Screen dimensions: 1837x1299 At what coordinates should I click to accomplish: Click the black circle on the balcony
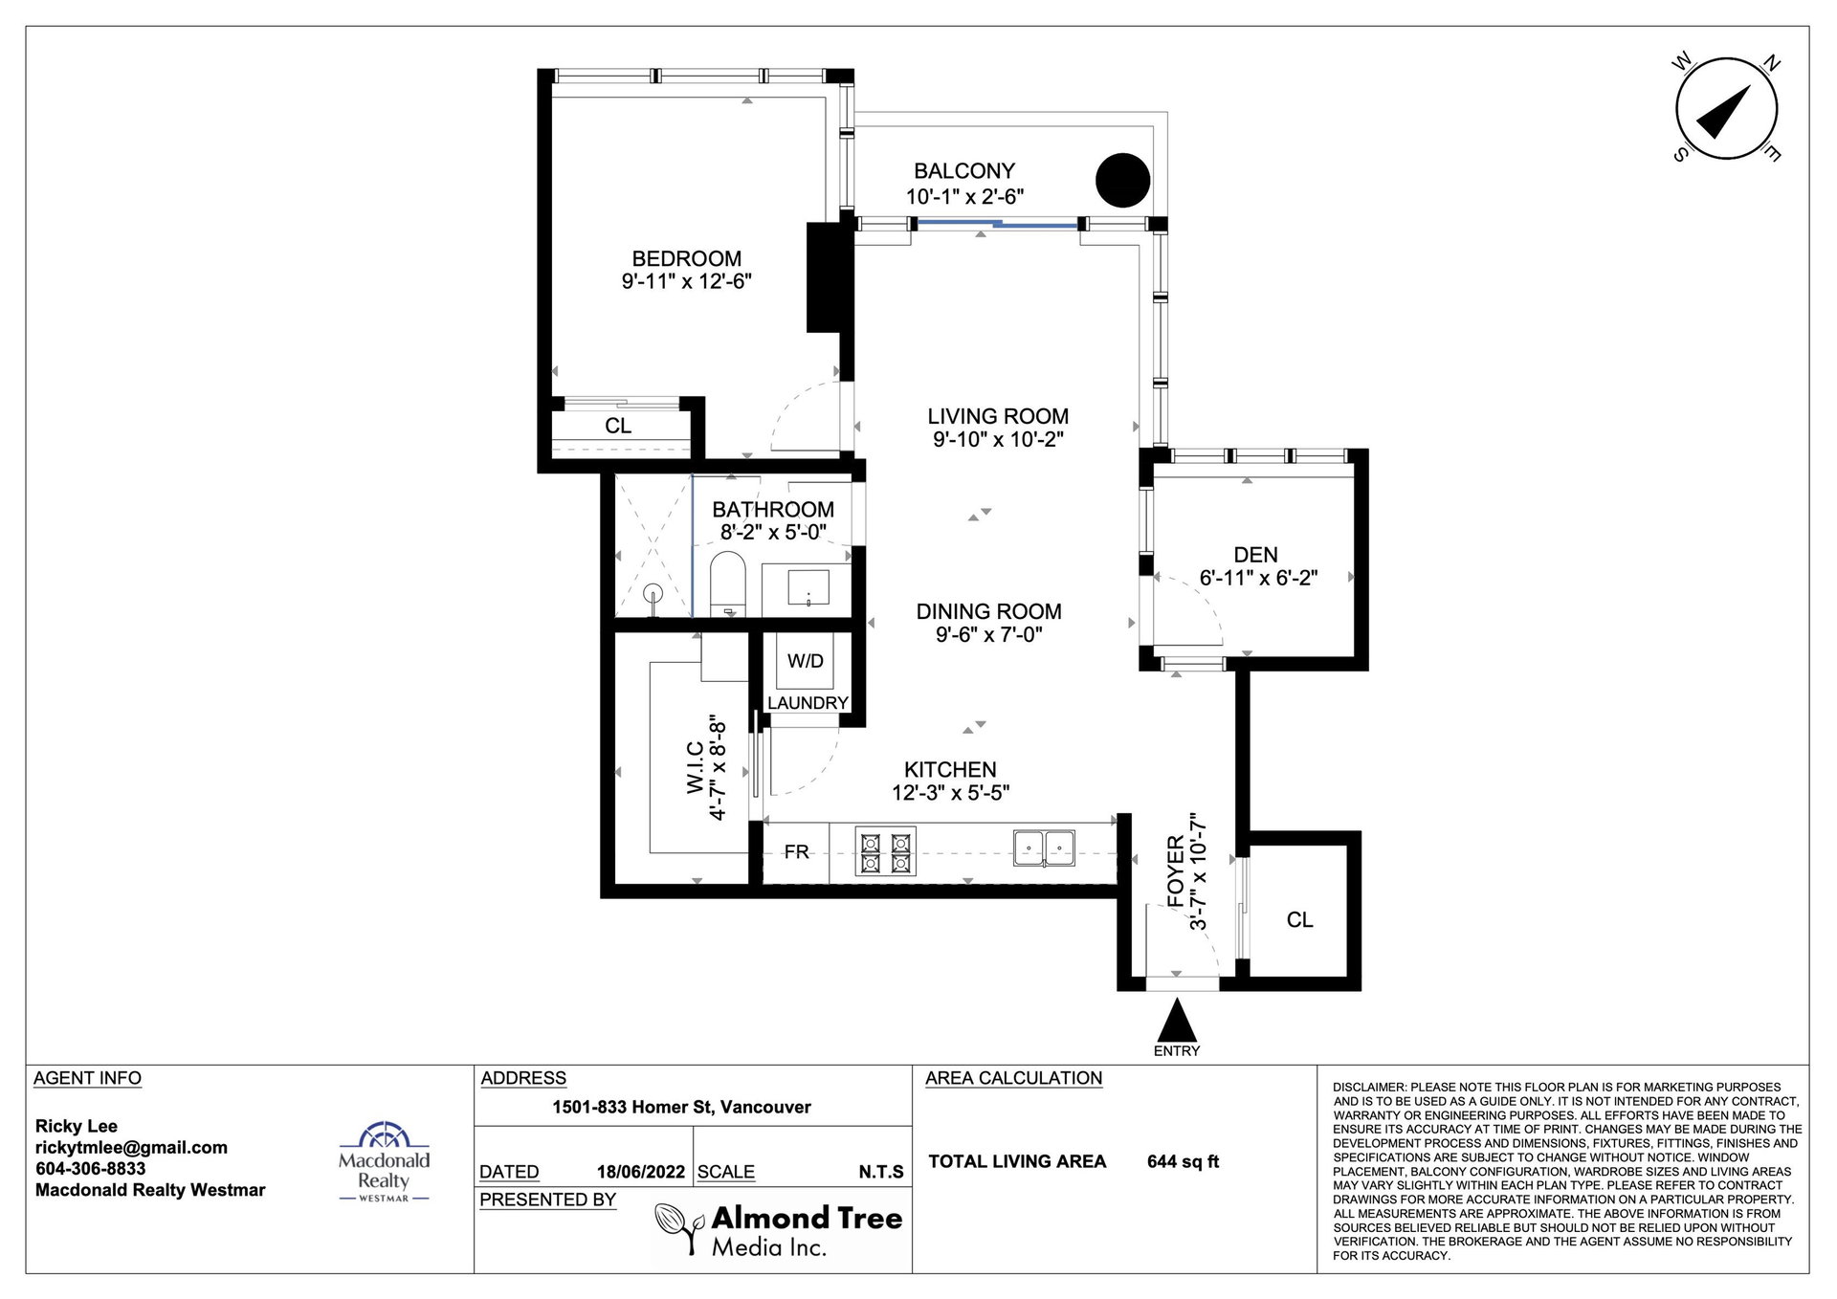1122,180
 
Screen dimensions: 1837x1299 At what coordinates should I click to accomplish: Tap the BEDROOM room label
687,258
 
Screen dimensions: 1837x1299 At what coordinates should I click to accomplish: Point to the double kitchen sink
1044,848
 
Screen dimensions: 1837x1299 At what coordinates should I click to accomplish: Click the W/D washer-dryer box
806,661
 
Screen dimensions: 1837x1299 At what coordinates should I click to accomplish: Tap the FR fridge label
796,851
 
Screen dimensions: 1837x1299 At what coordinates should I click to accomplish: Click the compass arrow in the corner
1724,111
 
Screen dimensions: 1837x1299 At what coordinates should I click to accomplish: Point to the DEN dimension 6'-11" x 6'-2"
1258,578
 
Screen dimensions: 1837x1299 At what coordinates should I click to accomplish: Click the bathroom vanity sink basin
808,586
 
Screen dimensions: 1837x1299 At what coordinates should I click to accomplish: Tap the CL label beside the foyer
1299,920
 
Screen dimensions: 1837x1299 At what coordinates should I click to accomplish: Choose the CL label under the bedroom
618,426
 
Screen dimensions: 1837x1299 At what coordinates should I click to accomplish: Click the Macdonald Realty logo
385,1161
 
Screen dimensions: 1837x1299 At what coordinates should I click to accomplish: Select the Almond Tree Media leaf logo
680,1228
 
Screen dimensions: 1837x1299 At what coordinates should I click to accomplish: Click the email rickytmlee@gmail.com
131,1148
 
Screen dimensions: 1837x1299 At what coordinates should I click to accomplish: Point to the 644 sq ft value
1184,1162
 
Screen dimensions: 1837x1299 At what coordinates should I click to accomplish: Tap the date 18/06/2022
641,1172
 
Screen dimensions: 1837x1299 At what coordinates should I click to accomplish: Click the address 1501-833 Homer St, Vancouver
681,1107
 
